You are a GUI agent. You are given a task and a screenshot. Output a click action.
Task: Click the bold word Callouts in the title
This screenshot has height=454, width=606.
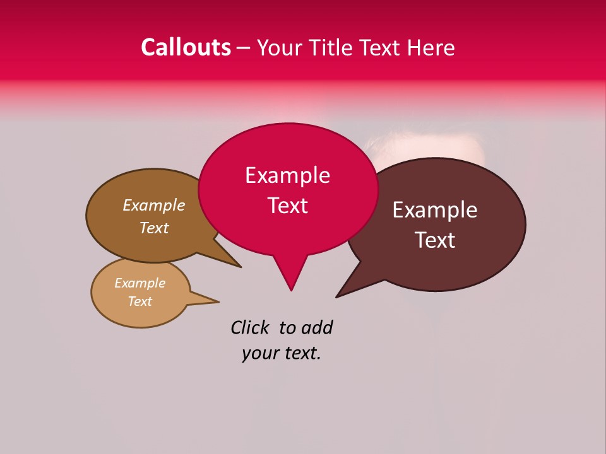186,48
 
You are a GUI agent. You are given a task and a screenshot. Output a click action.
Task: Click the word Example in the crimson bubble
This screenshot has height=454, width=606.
287,175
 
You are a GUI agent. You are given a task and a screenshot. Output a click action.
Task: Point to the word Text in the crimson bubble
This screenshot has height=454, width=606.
287,206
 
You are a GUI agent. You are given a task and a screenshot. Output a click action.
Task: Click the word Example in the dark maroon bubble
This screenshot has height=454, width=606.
435,210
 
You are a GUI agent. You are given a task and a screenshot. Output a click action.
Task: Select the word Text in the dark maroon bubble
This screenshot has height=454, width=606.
435,240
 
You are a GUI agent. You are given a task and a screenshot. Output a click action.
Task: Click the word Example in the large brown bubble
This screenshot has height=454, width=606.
153,206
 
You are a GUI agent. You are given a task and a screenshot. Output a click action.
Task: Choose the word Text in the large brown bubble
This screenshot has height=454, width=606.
153,228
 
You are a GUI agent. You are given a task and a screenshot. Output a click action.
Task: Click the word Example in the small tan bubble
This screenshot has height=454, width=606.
140,283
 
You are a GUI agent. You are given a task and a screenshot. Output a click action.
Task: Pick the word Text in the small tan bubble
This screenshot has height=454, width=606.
140,301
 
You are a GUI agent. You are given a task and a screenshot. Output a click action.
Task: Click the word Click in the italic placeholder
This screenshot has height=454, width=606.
250,328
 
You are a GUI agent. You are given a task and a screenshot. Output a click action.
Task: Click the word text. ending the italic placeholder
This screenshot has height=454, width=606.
302,354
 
